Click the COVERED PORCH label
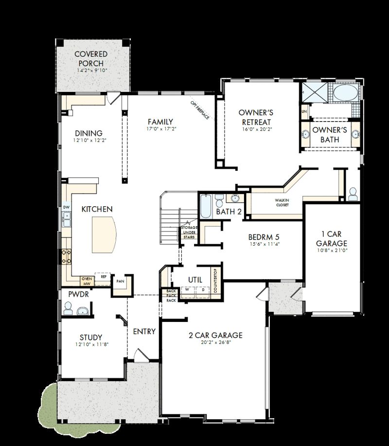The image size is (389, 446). pos(91,59)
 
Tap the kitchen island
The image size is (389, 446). pos(105,235)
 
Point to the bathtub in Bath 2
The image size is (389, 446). pos(205,207)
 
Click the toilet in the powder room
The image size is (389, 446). pos(69,308)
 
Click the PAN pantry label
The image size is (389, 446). pos(120,282)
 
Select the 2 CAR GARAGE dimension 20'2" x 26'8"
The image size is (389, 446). pos(215,344)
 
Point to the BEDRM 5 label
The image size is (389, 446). pos(263,237)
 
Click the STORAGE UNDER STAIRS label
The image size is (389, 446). pos(189,232)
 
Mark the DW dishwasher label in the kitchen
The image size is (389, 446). pos(66,207)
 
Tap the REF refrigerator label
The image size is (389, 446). pos(103,276)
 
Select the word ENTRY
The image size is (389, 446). pos(144,331)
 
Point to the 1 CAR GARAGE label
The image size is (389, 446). pos(332,238)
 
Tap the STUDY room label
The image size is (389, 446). pos(91,337)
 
